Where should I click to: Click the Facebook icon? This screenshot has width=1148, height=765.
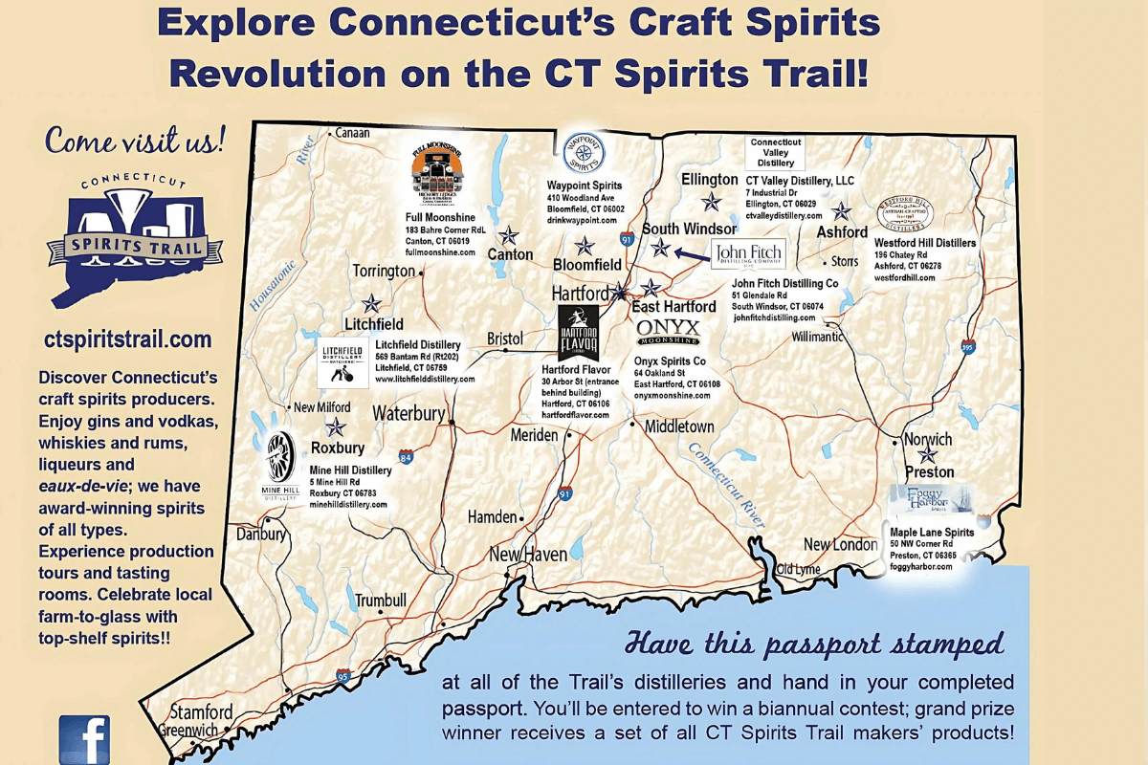tap(84, 740)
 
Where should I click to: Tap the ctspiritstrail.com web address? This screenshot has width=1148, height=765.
tap(127, 339)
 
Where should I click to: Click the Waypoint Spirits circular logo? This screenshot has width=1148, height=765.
tap(583, 153)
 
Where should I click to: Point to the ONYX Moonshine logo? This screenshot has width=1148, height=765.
tap(669, 332)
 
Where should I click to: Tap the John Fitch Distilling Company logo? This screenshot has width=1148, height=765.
tap(747, 254)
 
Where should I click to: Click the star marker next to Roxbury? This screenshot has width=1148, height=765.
tap(336, 427)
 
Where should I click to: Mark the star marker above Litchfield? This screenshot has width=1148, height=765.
tap(372, 304)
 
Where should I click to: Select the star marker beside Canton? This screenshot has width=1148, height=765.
tap(509, 235)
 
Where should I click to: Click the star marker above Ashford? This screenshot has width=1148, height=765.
tap(841, 211)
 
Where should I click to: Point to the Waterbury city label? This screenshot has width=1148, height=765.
tap(409, 414)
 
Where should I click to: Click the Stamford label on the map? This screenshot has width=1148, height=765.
tap(201, 712)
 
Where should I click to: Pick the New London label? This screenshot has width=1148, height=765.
tap(840, 544)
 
